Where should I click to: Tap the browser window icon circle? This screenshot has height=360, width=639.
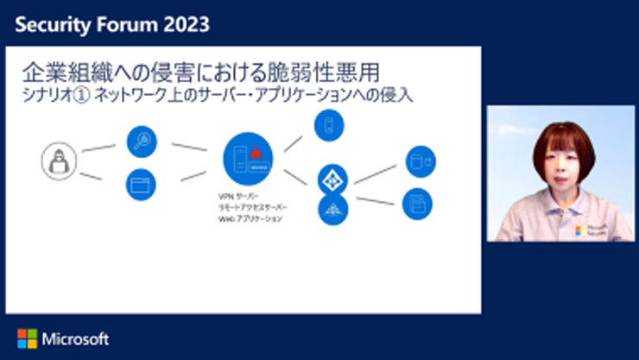pyautogui.click(x=142, y=184)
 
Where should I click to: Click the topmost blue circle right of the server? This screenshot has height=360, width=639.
pyautogui.click(x=329, y=125)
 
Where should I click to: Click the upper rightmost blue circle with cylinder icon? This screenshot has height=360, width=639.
pyautogui.click(x=420, y=160)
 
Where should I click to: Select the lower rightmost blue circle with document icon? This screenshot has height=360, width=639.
pyautogui.click(x=417, y=204)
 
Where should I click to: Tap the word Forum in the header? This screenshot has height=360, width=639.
pyautogui.click(x=116, y=24)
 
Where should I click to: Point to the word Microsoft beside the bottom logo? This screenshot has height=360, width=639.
pyautogui.click(x=74, y=338)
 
